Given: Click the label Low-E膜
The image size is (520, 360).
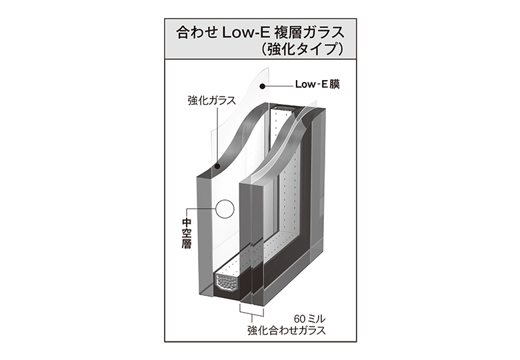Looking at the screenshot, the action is (317, 85).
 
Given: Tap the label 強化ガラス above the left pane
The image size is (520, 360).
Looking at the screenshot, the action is (211, 101).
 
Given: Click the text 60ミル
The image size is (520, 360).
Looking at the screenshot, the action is (309, 319).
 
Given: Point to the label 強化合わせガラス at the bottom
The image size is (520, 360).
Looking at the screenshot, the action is (287, 331).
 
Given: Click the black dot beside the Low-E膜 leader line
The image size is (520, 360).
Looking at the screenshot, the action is (262, 87).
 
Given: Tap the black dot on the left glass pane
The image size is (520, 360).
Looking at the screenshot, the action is (217, 167).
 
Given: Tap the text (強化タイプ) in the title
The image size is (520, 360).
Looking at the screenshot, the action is (301, 49).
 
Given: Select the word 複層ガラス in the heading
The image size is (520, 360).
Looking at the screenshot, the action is (309, 33).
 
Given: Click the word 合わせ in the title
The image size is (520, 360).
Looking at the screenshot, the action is (197, 33).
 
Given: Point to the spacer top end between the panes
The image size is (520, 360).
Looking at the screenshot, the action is (283, 107).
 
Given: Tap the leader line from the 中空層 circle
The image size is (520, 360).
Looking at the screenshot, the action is (201, 209).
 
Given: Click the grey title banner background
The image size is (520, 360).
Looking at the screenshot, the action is (260, 39).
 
